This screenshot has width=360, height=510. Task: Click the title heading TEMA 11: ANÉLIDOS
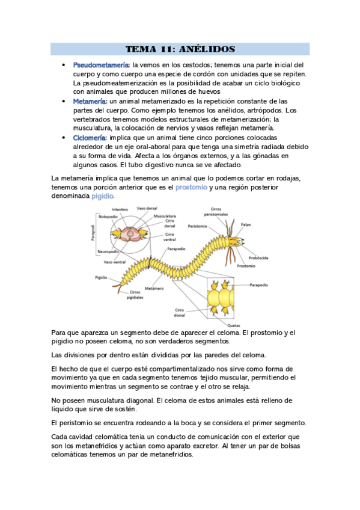point(180,49)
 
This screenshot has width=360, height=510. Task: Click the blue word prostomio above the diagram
point(191,188)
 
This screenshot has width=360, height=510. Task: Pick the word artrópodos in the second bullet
point(260,110)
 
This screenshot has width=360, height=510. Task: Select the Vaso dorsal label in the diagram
point(147,208)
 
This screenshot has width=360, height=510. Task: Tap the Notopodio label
point(108,217)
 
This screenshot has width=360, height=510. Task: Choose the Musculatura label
point(165,215)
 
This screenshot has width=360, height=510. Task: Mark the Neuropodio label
point(108,251)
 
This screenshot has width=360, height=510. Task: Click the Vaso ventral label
point(115,262)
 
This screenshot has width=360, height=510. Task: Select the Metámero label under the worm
point(154,288)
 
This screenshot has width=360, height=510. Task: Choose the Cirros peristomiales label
point(216,212)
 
